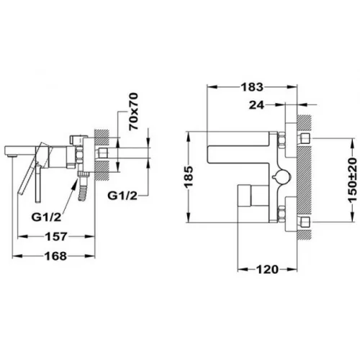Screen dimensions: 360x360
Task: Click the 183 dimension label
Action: click(x=252, y=87)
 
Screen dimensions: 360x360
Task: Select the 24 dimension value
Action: click(x=256, y=105)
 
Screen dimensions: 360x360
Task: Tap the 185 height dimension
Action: click(x=189, y=176)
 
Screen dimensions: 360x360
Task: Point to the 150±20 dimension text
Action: click(x=353, y=181)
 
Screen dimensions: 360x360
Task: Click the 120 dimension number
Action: click(x=267, y=269)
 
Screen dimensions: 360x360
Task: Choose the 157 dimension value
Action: click(x=56, y=237)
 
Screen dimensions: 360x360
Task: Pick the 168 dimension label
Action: click(x=55, y=256)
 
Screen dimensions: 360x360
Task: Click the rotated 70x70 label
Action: click(x=133, y=112)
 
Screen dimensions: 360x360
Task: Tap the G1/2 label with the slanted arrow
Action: click(x=46, y=217)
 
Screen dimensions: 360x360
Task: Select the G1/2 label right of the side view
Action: click(x=122, y=196)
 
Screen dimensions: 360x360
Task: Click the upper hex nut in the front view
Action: click(x=281, y=140)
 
